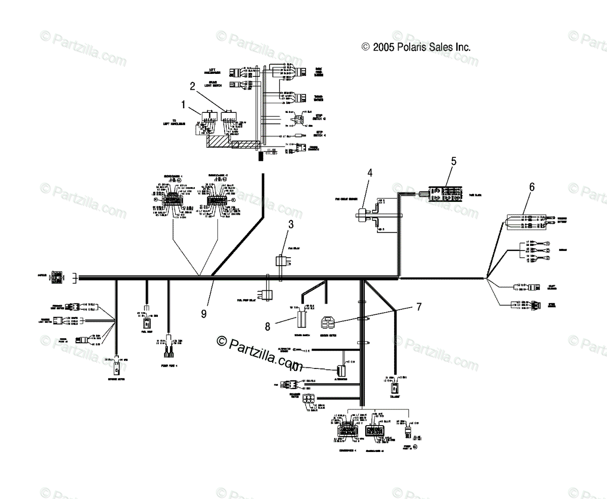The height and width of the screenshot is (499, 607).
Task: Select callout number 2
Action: (193, 86)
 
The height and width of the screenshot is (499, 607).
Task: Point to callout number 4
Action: (370, 173)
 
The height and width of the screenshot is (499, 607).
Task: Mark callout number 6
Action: (532, 186)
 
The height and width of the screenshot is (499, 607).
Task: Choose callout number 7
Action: (419, 307)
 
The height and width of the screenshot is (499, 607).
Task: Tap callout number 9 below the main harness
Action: (204, 314)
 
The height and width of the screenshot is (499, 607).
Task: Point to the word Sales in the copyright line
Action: (446, 47)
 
